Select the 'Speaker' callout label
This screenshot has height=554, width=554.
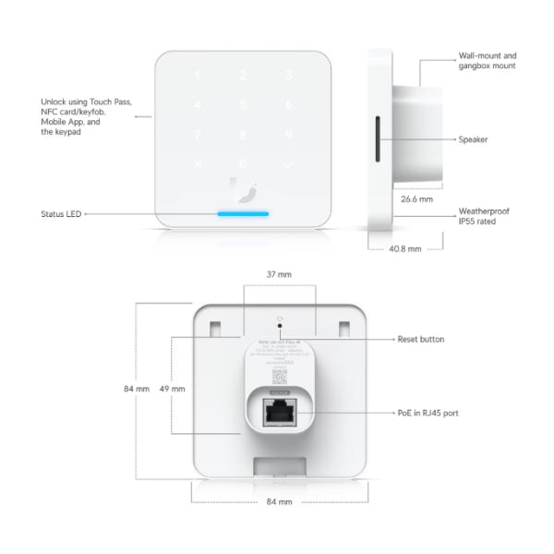pyautogui.click(x=473, y=139)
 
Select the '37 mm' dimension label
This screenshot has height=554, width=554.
pyautogui.click(x=279, y=274)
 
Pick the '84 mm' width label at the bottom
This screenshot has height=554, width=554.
pyautogui.click(x=279, y=500)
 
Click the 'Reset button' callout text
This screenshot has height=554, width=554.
pyautogui.click(x=420, y=340)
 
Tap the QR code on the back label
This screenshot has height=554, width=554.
pyautogui.click(x=279, y=377)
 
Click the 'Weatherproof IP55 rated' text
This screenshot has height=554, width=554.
pyautogui.click(x=484, y=217)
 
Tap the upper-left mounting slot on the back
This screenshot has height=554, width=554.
pyautogui.click(x=215, y=328)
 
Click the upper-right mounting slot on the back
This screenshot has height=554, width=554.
pyautogui.click(x=343, y=328)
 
